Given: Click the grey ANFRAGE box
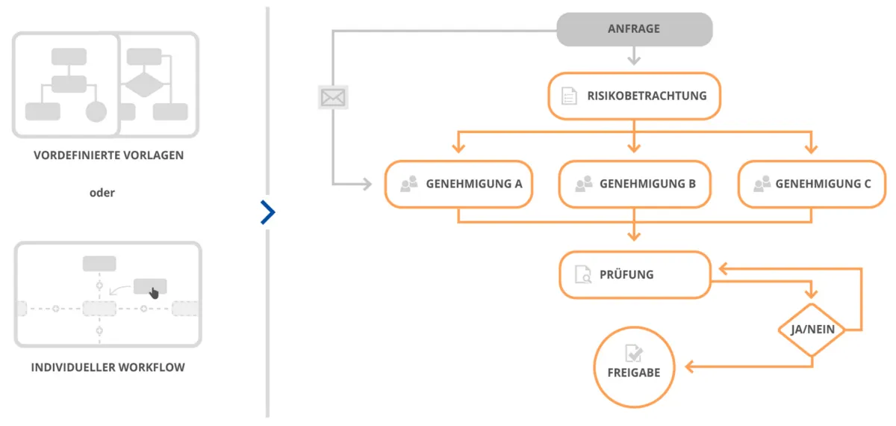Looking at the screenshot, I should (634, 29).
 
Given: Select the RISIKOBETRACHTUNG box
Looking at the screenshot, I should (634, 96).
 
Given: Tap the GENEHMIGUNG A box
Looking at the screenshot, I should (458, 183).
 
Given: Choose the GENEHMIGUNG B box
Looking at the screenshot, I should (633, 183).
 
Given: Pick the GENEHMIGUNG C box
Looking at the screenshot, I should (812, 183).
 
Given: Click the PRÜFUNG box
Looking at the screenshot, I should (634, 274).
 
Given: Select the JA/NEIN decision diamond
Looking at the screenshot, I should (812, 330).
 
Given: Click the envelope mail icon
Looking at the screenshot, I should (333, 97).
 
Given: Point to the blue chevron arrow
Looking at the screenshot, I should (268, 212).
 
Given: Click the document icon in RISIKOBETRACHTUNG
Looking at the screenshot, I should (569, 96).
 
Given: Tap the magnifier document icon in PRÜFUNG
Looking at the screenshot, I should (582, 274).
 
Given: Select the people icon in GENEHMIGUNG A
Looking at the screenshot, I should (408, 183).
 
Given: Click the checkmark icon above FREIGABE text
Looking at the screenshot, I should (634, 354).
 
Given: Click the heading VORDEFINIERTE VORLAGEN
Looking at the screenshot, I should (108, 155).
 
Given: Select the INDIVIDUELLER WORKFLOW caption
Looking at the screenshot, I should (108, 367).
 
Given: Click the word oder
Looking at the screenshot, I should (102, 192).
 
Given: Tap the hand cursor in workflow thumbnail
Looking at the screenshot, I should (154, 292).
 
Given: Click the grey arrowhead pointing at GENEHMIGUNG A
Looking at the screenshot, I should (367, 184).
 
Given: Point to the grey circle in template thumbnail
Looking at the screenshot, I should (96, 112).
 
